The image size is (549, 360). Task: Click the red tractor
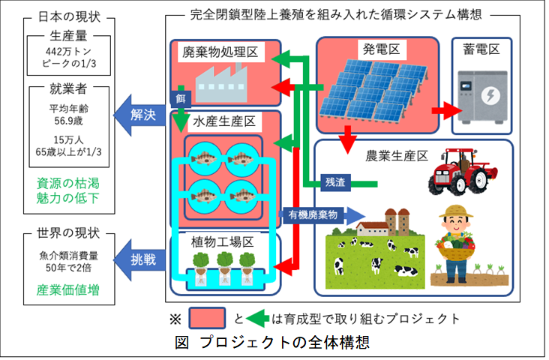(463, 171)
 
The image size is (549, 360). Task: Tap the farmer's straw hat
(456, 211)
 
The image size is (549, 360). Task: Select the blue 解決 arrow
(139, 115)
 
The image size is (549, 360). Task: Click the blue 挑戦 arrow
(139, 259)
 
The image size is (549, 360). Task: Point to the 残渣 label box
(335, 182)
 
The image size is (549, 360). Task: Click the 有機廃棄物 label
(313, 214)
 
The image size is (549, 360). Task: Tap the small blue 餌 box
(181, 99)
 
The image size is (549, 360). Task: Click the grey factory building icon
(221, 83)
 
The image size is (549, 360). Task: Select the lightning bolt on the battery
(490, 95)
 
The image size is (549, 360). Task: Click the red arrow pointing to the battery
(447, 111)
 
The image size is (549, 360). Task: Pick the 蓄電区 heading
(481, 49)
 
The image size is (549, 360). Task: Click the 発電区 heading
(381, 49)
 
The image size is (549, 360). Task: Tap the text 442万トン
(68, 52)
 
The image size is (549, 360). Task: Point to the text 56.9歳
(68, 121)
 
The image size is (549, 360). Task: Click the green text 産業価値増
(68, 290)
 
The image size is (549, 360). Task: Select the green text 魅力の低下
(68, 198)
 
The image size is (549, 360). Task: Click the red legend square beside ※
(207, 318)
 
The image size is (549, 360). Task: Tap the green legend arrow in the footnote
(257, 318)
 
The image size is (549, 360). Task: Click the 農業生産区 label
(397, 156)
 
